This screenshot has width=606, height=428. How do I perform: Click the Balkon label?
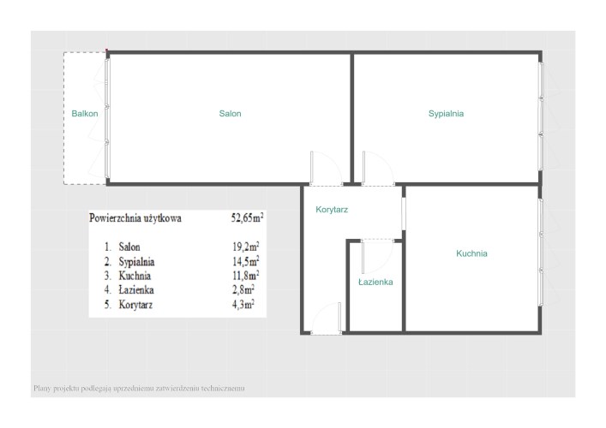click(85, 114)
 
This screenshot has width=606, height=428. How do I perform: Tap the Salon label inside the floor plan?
click(230, 114)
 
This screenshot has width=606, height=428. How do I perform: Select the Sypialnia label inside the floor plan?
click(446, 114)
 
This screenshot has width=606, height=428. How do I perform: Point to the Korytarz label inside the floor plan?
click(332, 210)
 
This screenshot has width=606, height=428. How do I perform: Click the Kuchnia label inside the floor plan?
click(471, 253)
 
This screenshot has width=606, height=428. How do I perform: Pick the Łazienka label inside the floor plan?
click(375, 282)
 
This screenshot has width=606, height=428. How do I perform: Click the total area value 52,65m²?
click(248, 217)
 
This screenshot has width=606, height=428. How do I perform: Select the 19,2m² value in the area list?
click(245, 247)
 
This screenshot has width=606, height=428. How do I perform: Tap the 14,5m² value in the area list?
click(245, 261)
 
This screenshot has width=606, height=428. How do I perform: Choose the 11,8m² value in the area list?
click(245, 276)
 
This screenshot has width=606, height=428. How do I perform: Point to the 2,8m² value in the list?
click(243, 290)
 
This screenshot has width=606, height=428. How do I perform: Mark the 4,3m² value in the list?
click(243, 305)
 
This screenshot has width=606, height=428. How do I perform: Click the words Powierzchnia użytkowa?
click(135, 218)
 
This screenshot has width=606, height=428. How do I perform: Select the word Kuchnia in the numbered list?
click(135, 276)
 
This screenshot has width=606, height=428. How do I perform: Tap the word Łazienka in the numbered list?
click(136, 290)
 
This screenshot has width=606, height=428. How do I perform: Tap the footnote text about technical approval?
click(139, 389)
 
